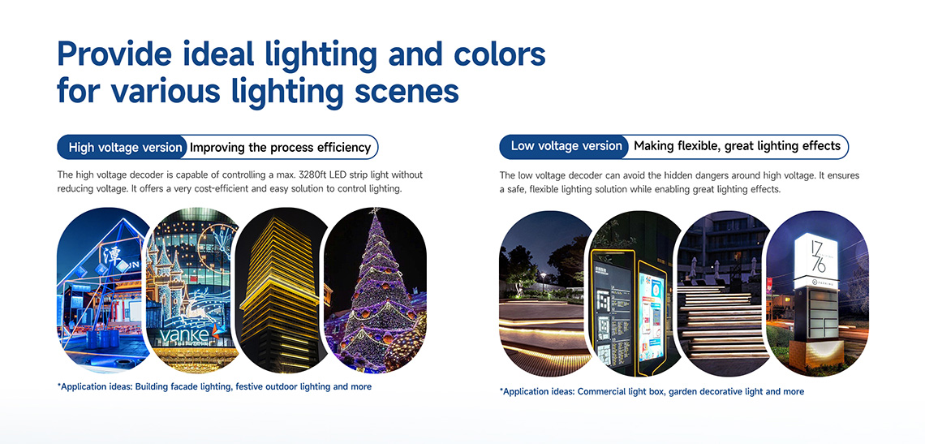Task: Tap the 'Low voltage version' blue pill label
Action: pyautogui.click(x=565, y=146)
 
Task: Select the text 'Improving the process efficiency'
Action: pyautogui.click(x=280, y=148)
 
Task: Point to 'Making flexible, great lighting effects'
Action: pyautogui.click(x=737, y=146)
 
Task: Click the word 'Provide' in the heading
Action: pyautogui.click(x=114, y=54)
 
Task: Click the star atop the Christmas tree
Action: pyautogui.click(x=373, y=211)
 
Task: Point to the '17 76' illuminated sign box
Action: pyautogui.click(x=815, y=261)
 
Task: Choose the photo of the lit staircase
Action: pyautogui.click(x=723, y=294)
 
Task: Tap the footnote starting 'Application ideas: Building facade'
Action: pyautogui.click(x=215, y=386)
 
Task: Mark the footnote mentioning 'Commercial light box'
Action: pyautogui.click(x=652, y=391)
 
